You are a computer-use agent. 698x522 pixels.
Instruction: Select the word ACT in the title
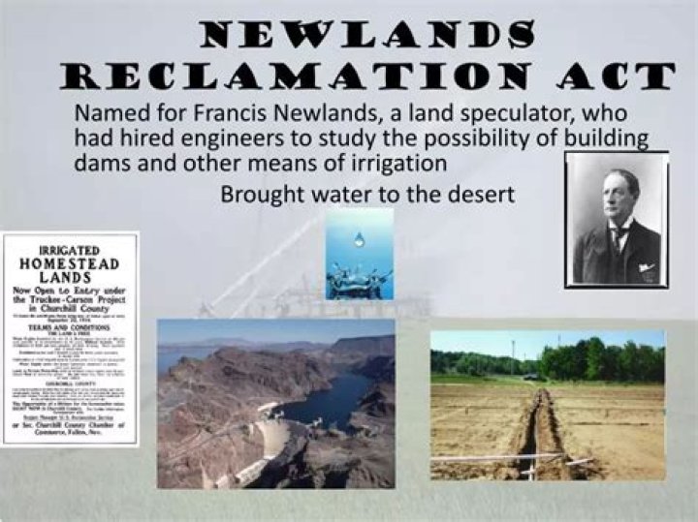[x=610, y=76]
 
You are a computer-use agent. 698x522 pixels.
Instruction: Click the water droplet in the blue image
[x=360, y=238]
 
